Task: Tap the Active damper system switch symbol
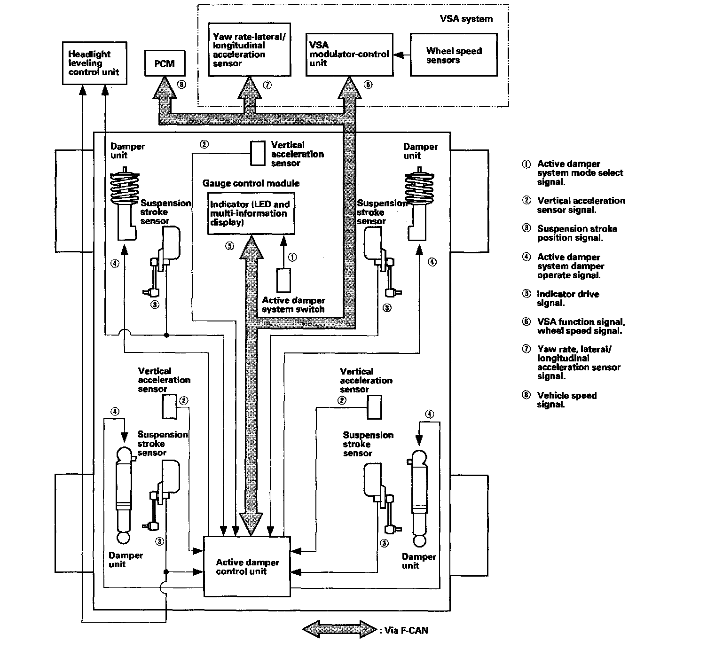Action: [284, 280]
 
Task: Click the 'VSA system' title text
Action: [466, 19]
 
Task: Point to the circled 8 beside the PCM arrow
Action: [181, 84]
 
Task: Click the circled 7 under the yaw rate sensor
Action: [267, 85]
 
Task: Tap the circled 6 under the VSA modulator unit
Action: [368, 84]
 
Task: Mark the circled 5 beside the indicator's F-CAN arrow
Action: [229, 246]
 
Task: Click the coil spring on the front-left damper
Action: [125, 188]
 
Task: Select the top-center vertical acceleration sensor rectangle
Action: [258, 153]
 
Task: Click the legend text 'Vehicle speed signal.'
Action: [567, 399]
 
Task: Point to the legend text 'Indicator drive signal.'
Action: [568, 298]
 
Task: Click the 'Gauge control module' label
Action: [251, 183]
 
